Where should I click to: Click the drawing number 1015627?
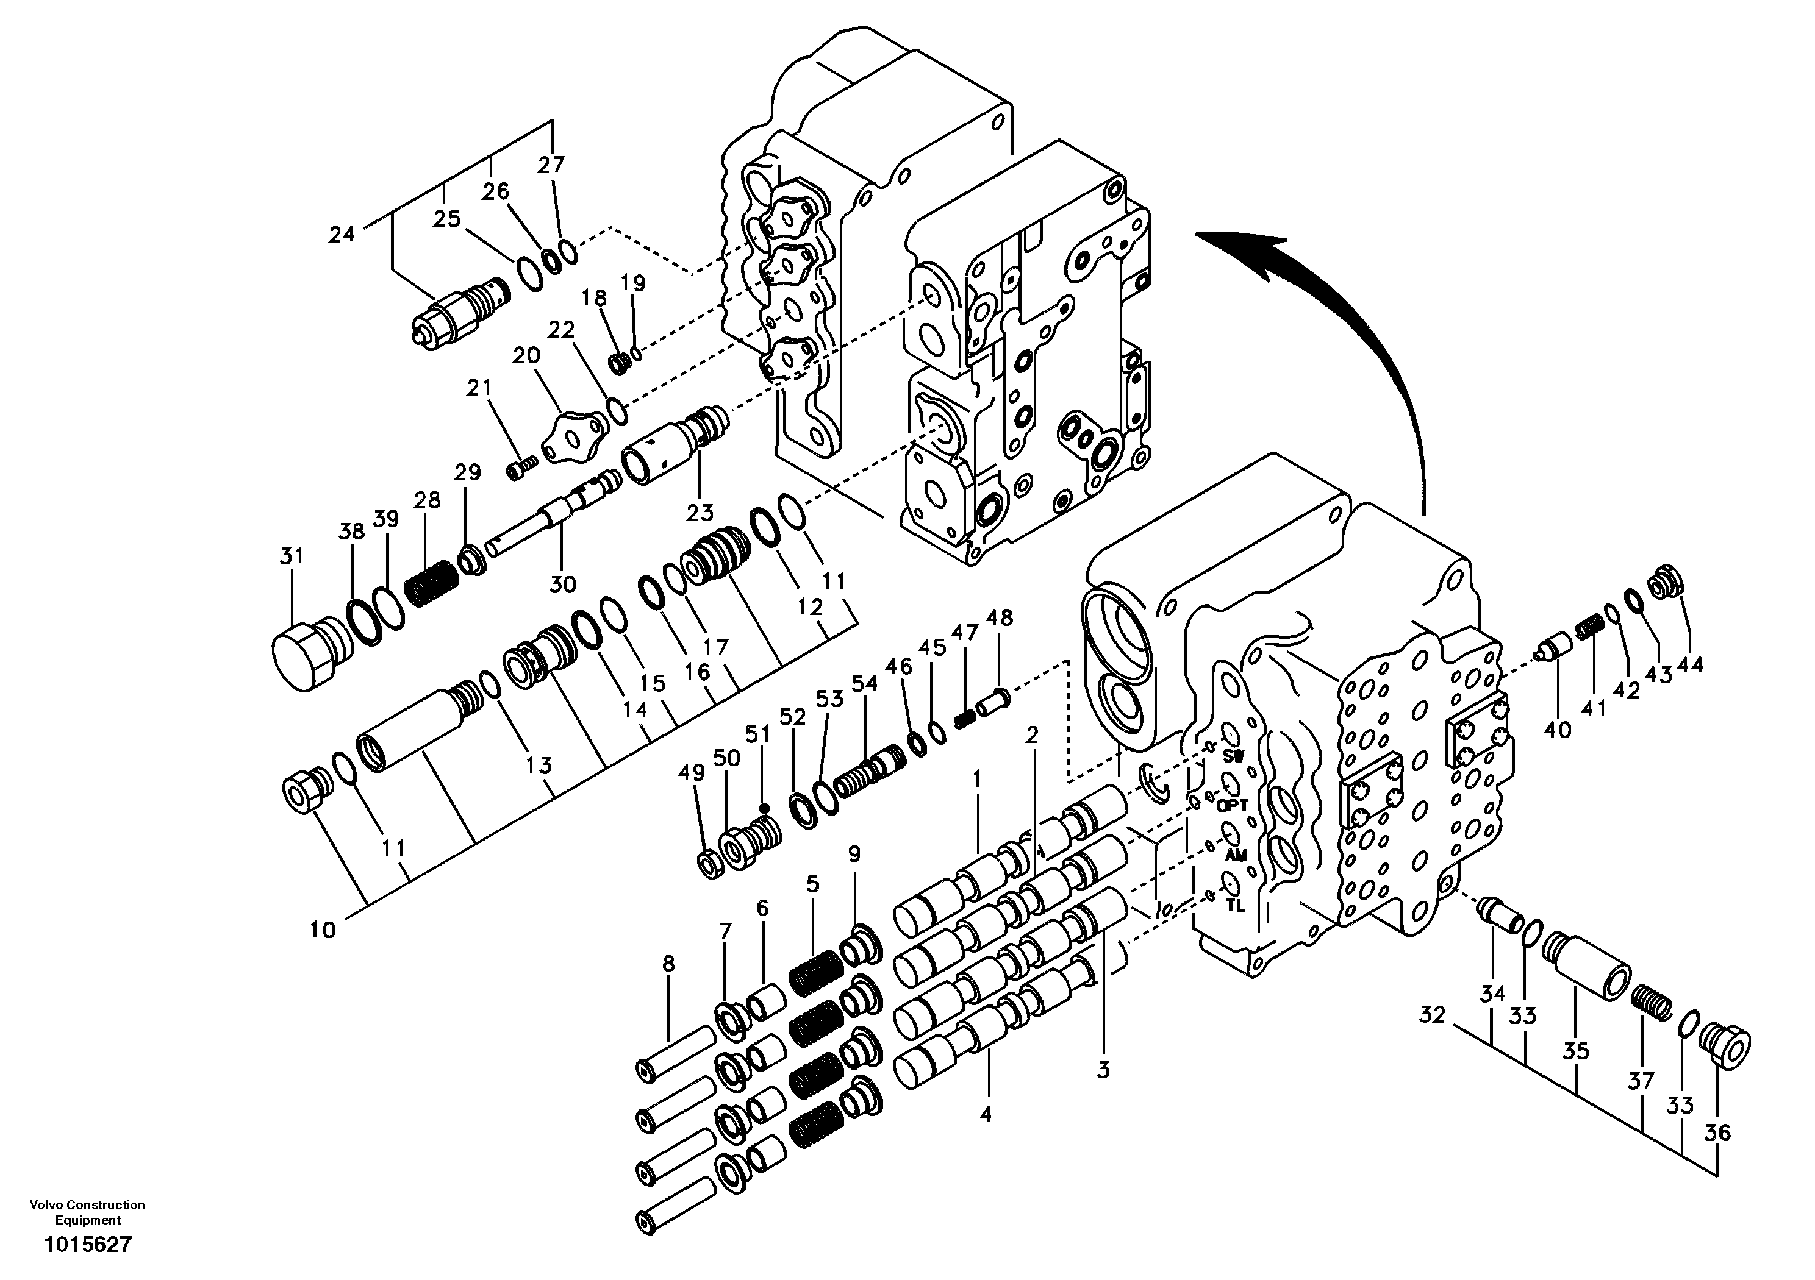pyautogui.click(x=88, y=1246)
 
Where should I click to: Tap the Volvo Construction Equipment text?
pyautogui.click(x=88, y=1212)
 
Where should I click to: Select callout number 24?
pyautogui.click(x=342, y=234)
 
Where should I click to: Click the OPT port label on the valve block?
pyautogui.click(x=1233, y=806)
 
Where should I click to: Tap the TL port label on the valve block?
pyautogui.click(x=1236, y=906)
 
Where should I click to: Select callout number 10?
pyautogui.click(x=323, y=930)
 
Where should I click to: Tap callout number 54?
pyautogui.click(x=865, y=683)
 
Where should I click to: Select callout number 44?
pyautogui.click(x=1689, y=665)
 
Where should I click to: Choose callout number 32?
pyautogui.click(x=1431, y=1014)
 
